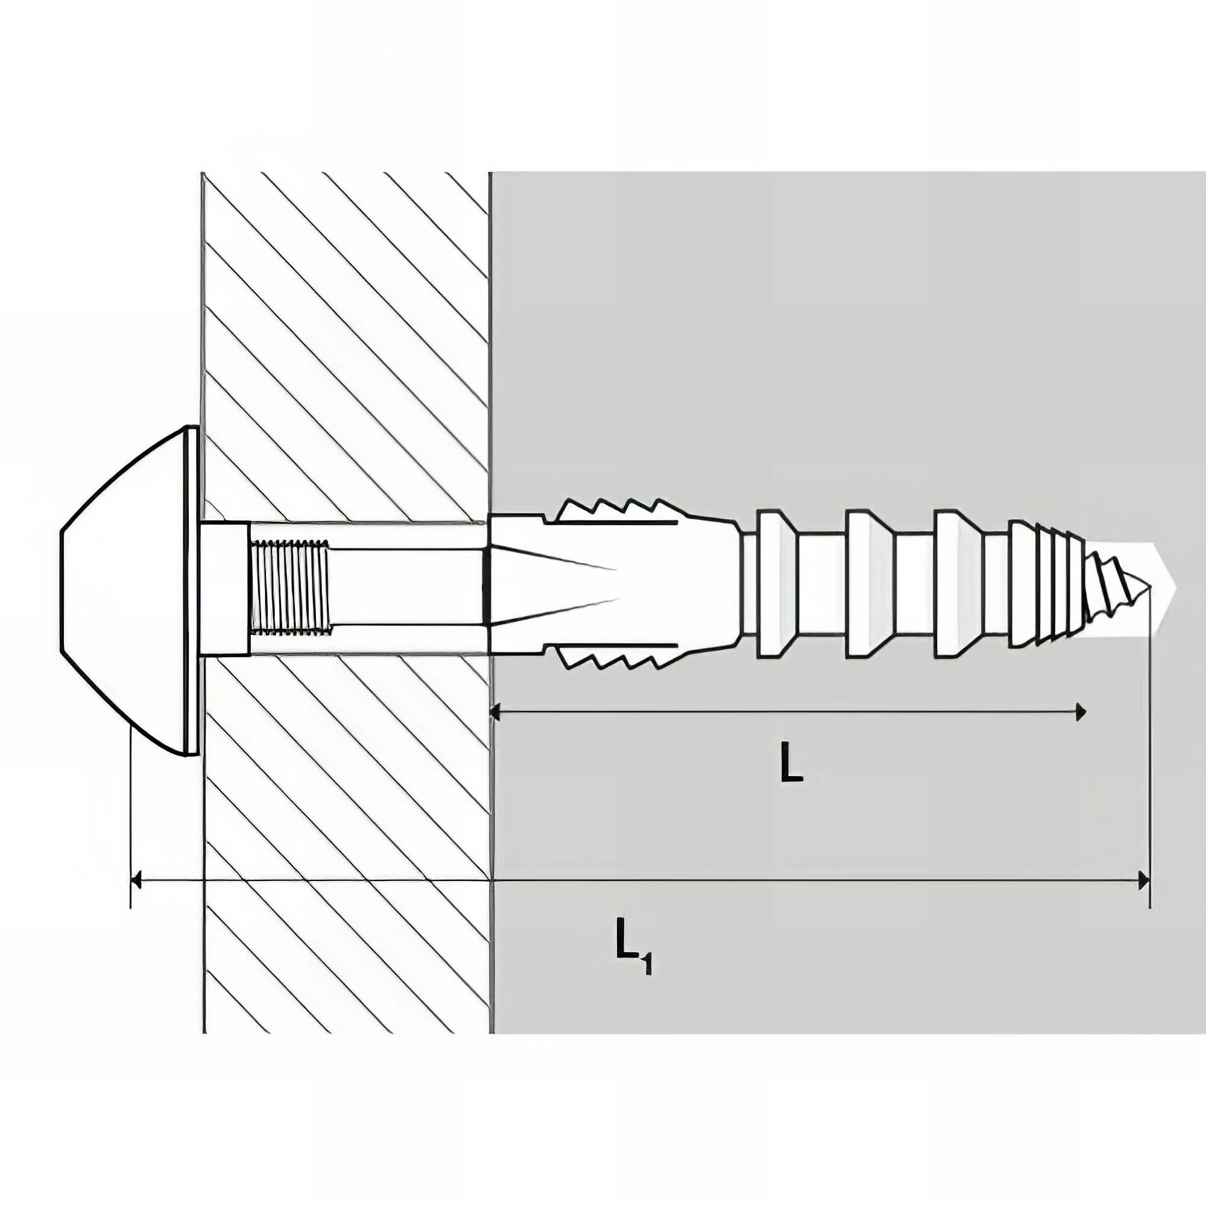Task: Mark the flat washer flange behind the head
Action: (193, 590)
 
